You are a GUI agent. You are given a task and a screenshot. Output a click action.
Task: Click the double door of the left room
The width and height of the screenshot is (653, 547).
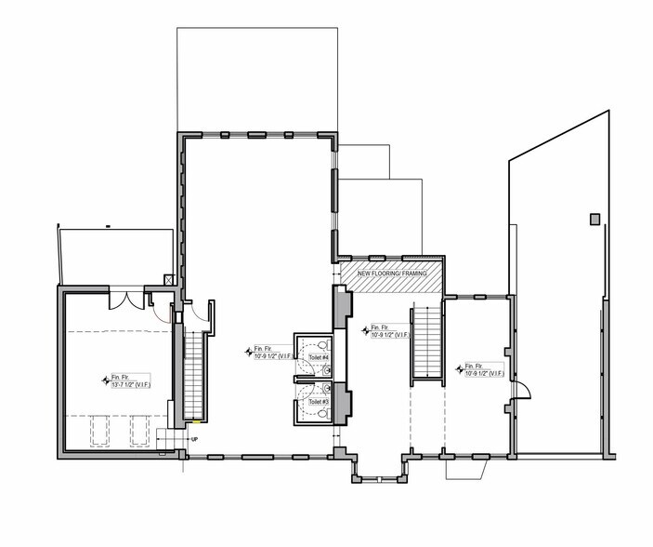125,300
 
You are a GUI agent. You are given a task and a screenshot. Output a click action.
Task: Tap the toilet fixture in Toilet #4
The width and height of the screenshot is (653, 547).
321,341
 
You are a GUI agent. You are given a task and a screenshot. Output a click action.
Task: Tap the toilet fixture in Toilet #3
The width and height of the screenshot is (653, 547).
321,413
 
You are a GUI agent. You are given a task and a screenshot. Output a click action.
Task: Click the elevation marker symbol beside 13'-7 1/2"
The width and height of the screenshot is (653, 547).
104,380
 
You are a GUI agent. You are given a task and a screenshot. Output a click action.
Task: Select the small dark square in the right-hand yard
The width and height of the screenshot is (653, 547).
594,220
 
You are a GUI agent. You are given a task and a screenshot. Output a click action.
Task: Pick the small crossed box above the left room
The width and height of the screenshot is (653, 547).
167,279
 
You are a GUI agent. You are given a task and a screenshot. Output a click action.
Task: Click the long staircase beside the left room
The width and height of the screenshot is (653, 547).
194,372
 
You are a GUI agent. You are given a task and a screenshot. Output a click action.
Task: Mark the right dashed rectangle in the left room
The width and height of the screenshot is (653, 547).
139,430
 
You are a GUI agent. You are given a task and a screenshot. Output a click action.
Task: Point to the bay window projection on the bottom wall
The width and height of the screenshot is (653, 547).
378,469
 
